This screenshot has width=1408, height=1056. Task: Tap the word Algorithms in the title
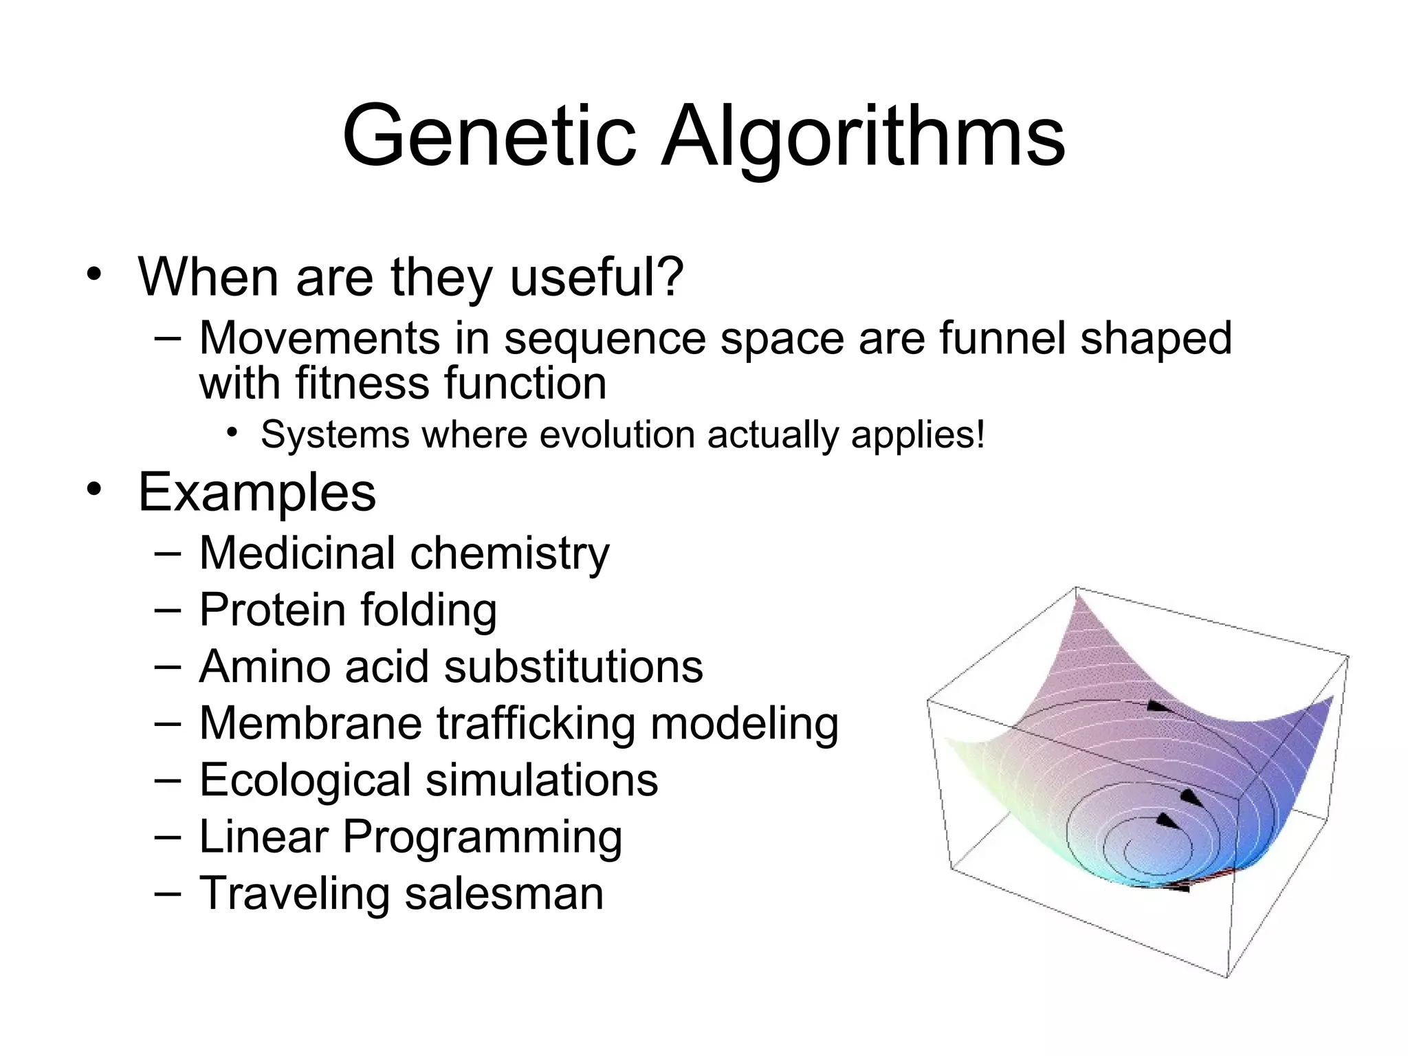tap(863, 137)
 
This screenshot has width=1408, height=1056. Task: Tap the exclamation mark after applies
tap(980, 434)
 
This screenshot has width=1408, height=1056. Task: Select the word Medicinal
tap(298, 553)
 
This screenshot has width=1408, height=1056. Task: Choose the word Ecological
tap(304, 780)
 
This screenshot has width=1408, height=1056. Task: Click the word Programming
tap(482, 837)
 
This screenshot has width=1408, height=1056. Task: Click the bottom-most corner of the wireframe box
tap(1227, 976)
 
